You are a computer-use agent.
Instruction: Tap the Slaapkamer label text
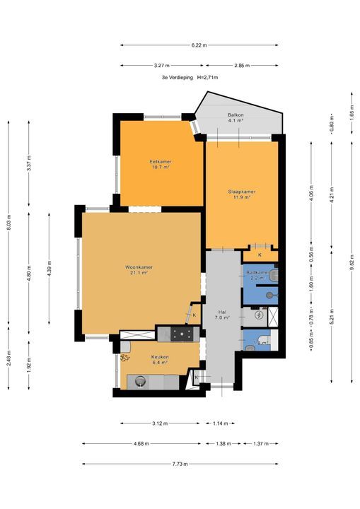coord(241,192)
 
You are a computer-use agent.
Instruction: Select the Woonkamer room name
coord(139,267)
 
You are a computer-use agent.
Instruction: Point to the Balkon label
coord(236,115)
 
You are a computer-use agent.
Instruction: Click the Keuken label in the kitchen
coord(160,357)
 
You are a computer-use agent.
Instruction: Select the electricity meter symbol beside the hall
coord(259,315)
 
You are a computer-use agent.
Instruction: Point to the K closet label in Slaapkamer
coord(260,255)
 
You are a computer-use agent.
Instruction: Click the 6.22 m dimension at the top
coord(199,45)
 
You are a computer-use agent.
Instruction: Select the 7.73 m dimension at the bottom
coord(179,464)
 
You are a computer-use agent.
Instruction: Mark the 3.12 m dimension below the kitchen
coord(160,423)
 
